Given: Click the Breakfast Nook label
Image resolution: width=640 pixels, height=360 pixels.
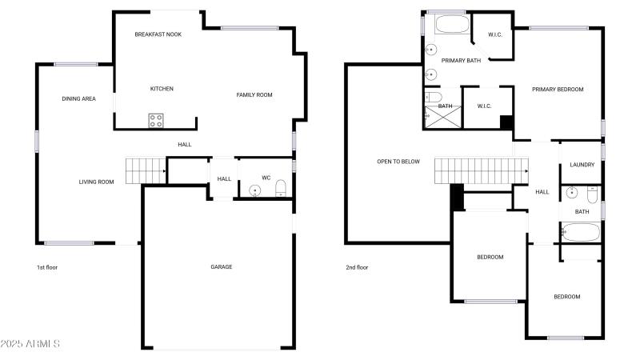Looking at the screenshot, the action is tap(158, 34).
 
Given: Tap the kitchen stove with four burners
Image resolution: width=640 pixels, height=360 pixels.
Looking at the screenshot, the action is tap(156, 121).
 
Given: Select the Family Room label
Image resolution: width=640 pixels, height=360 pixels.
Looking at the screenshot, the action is tap(254, 94).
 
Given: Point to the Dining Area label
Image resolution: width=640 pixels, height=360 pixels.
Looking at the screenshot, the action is tap(78, 98).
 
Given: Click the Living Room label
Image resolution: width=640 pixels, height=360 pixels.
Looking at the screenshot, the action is tap(96, 182).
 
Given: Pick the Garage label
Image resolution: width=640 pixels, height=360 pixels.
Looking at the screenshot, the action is tap(222, 266).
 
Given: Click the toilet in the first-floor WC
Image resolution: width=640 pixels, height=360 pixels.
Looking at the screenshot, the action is tap(281, 188).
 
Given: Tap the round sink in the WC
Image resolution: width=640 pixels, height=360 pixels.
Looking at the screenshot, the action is tap(255, 190).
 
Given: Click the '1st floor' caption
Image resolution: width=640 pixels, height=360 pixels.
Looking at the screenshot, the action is tap(47, 267).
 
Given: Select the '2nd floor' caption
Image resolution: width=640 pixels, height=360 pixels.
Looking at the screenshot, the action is tap(357, 267).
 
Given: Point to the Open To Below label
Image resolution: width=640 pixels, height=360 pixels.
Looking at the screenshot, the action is tap(398, 162).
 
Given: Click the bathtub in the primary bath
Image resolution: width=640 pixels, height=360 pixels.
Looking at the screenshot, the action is tap(452, 24).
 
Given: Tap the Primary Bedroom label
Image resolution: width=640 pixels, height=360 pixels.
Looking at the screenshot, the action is tap(558, 89).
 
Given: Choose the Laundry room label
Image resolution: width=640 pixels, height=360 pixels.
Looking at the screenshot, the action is tap(582, 165).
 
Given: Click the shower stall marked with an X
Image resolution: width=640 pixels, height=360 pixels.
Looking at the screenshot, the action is tap(443, 117).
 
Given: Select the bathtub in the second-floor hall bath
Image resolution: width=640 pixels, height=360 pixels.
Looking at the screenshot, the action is tap(581, 232).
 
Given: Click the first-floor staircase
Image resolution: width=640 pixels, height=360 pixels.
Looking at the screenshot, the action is tap(146, 170).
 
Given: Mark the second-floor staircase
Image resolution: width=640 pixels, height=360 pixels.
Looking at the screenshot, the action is tap(482, 170).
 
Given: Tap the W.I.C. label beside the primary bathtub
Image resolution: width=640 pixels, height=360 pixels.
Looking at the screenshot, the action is tap(495, 34).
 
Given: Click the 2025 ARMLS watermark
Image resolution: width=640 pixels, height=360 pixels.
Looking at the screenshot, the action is tap(30, 344).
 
